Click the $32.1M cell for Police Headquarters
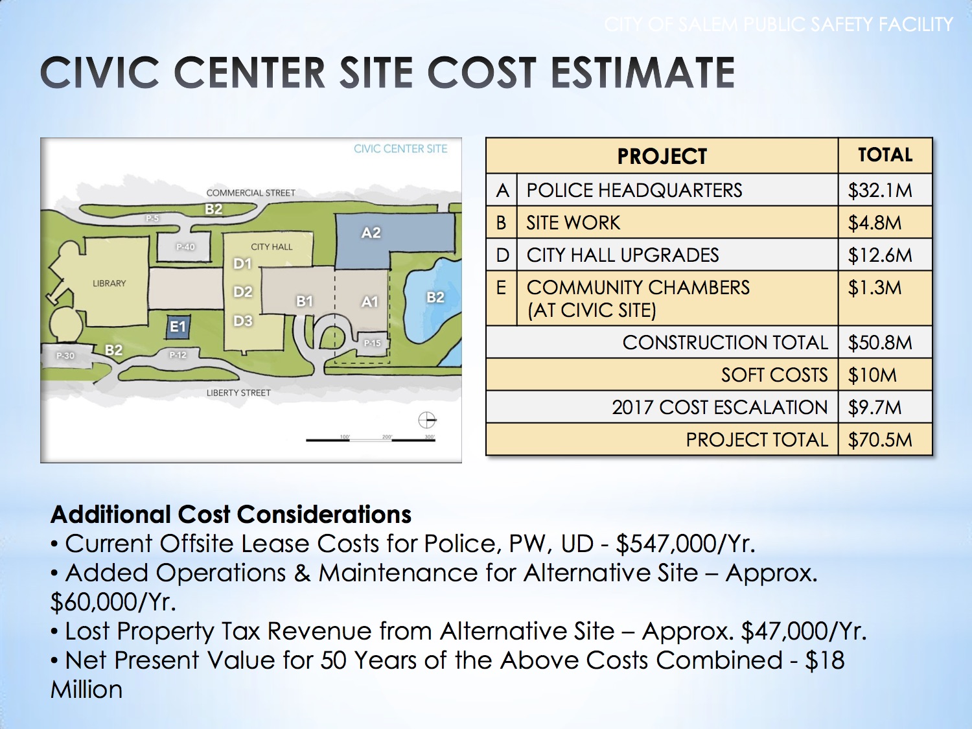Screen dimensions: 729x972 click(x=879, y=191)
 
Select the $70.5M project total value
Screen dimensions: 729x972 click(x=879, y=440)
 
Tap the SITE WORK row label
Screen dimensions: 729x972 click(x=573, y=223)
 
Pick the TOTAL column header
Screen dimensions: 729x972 click(x=885, y=156)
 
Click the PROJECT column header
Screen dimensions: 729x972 click(x=662, y=156)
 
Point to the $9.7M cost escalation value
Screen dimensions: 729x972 click(x=874, y=408)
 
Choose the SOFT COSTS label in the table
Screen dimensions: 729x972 click(x=774, y=375)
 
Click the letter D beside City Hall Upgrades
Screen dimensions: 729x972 click(x=502, y=255)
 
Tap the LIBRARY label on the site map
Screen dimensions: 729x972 click(x=109, y=284)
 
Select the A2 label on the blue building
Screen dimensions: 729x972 click(x=371, y=233)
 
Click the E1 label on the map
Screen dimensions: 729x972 click(x=178, y=327)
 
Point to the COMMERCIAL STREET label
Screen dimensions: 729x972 click(x=250, y=193)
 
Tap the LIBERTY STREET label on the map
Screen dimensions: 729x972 click(x=238, y=393)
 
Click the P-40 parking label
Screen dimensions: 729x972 click(x=185, y=247)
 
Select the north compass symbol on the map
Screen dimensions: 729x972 click(x=427, y=420)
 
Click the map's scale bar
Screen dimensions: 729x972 click(x=370, y=440)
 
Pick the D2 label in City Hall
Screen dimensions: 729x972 click(x=242, y=292)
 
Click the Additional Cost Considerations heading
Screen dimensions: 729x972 click(x=231, y=515)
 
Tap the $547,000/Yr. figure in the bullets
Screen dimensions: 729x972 click(x=685, y=544)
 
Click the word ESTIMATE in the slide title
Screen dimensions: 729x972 click(x=643, y=72)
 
